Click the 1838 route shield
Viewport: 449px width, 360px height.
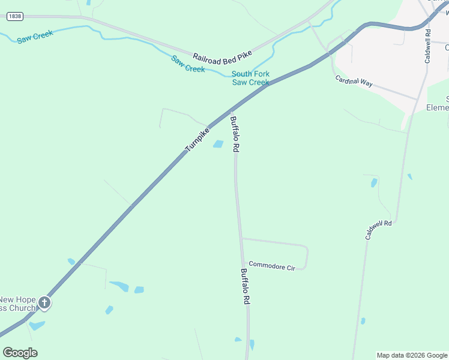tap(15, 17)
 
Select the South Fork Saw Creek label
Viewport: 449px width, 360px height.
tap(250, 78)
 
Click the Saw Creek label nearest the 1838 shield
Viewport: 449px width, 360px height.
tap(35, 37)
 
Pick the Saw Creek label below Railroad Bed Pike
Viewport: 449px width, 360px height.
tap(188, 64)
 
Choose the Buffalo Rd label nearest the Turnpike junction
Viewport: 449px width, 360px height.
tap(235, 134)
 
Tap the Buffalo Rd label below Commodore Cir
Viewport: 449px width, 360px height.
tap(245, 287)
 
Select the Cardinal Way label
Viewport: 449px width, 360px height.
tap(354, 81)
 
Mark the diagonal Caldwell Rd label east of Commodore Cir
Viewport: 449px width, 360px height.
tap(379, 230)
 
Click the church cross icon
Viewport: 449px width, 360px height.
tap(45, 303)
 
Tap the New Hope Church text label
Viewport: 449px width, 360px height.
tap(18, 304)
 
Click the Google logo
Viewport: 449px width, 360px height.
tap(20, 353)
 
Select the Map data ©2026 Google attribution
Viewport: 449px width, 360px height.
tap(412, 355)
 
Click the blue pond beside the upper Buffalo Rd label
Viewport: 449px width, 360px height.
tap(218, 144)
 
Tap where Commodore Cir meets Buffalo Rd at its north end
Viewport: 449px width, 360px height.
tap(241, 238)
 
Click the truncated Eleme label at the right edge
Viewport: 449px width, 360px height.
tap(438, 108)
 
